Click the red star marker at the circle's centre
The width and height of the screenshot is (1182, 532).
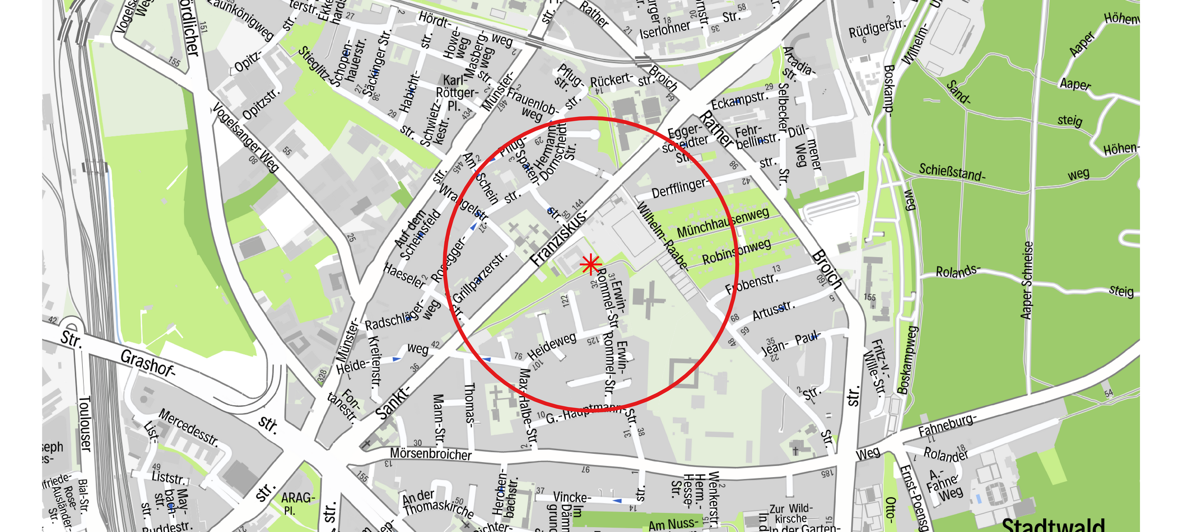click(591, 265)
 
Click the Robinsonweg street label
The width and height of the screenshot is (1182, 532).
click(736, 251)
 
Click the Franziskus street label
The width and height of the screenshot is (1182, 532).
click(559, 239)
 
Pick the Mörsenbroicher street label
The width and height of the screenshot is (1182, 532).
click(431, 453)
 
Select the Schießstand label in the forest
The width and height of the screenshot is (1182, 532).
click(951, 172)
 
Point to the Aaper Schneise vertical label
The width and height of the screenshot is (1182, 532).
click(1027, 280)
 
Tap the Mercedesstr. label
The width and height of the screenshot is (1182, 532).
click(188, 427)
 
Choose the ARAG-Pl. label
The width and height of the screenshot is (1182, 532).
click(297, 502)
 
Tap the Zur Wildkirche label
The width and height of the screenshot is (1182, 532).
click(790, 514)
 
